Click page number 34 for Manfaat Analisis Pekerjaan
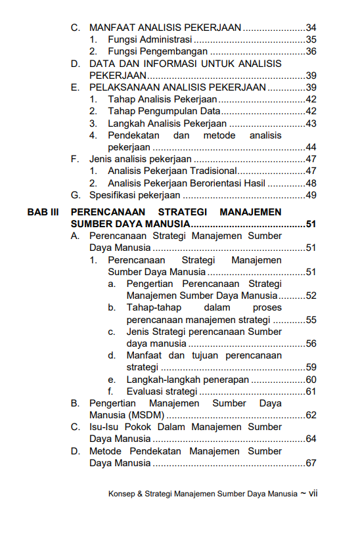311,28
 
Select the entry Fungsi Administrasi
146,39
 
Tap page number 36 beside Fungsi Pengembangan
311,51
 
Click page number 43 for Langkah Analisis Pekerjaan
311,123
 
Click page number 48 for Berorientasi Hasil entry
311,183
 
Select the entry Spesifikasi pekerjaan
134,195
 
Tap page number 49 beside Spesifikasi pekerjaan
311,195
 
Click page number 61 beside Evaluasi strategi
311,392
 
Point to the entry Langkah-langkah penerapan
187,380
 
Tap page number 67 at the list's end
311,464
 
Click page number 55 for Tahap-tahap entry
311,320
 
